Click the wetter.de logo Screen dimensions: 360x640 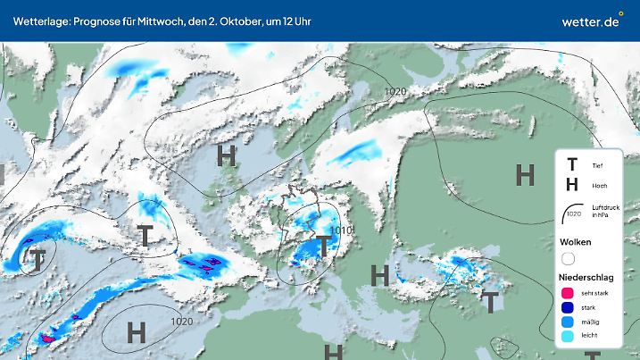coord(590,20)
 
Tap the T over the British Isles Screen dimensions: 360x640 coord(145,236)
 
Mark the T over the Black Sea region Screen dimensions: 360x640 coord(490,302)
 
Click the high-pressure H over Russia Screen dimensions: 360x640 coord(525,175)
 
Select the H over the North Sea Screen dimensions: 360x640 coord(227,156)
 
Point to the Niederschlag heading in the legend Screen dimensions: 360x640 coord(585,277)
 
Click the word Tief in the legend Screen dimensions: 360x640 coord(597,165)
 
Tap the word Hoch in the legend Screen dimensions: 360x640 coord(599,186)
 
